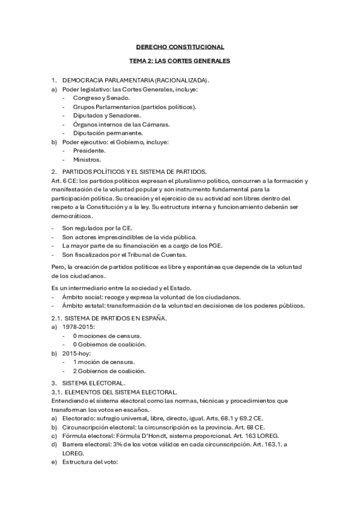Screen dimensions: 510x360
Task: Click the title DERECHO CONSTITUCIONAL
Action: click(x=180, y=46)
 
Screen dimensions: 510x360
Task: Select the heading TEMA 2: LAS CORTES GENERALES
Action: click(x=180, y=61)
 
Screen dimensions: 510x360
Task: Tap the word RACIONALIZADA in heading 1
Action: click(x=181, y=79)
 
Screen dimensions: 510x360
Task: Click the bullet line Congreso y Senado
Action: click(x=101, y=97)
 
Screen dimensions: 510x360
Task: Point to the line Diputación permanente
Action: click(x=108, y=133)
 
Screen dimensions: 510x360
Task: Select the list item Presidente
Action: click(x=89, y=150)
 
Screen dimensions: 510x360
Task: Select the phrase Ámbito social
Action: click(x=82, y=296)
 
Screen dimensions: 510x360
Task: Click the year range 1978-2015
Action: click(x=79, y=327)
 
